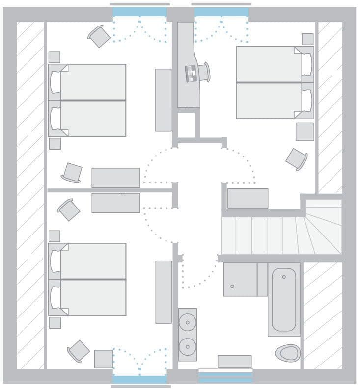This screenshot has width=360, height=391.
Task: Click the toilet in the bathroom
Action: [x=287, y=352]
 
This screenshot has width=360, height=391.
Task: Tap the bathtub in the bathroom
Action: [x=284, y=299]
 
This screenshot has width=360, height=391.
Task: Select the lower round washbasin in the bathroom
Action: [x=187, y=346]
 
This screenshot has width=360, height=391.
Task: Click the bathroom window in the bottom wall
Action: [x=225, y=377]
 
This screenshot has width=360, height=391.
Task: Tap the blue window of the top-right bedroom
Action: [x=222, y=12]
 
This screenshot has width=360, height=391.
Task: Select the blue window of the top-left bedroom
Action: [x=139, y=12]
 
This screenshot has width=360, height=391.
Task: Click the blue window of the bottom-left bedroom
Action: [x=139, y=379]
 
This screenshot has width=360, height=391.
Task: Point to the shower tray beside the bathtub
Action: [x=240, y=280]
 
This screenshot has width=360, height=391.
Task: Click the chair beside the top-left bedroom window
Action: [x=99, y=36]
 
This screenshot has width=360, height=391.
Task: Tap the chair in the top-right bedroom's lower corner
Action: [x=296, y=159]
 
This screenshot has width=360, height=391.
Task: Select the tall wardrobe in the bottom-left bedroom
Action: [x=164, y=292]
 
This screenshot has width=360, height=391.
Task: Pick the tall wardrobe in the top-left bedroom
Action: [x=164, y=100]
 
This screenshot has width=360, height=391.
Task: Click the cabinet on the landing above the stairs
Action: [x=248, y=198]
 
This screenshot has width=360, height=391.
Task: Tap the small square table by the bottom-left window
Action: [x=104, y=359]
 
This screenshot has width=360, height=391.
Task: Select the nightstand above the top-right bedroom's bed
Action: [x=307, y=39]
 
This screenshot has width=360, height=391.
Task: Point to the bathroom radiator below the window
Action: [x=234, y=362]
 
